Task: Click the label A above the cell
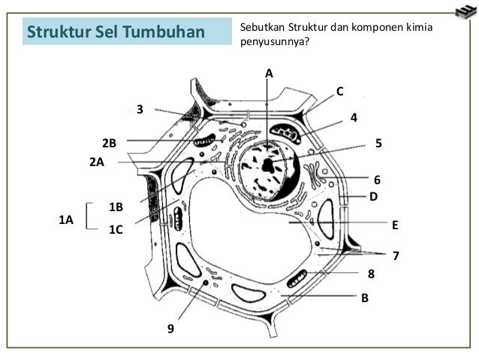(x=270, y=73)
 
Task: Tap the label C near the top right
(x=339, y=91)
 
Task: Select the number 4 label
(x=354, y=118)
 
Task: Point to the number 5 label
(x=378, y=142)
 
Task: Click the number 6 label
(x=378, y=180)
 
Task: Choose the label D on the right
(x=372, y=196)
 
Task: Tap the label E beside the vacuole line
(x=394, y=224)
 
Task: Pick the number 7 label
(x=396, y=256)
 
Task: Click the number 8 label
(x=370, y=275)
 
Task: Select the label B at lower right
(x=365, y=298)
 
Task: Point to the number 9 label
(x=170, y=328)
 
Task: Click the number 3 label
(x=140, y=110)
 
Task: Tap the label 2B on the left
(x=110, y=143)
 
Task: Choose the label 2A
(x=96, y=162)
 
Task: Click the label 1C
(x=116, y=231)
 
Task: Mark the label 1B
(x=116, y=206)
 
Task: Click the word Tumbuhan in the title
(x=167, y=32)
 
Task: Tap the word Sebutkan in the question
(x=262, y=28)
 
